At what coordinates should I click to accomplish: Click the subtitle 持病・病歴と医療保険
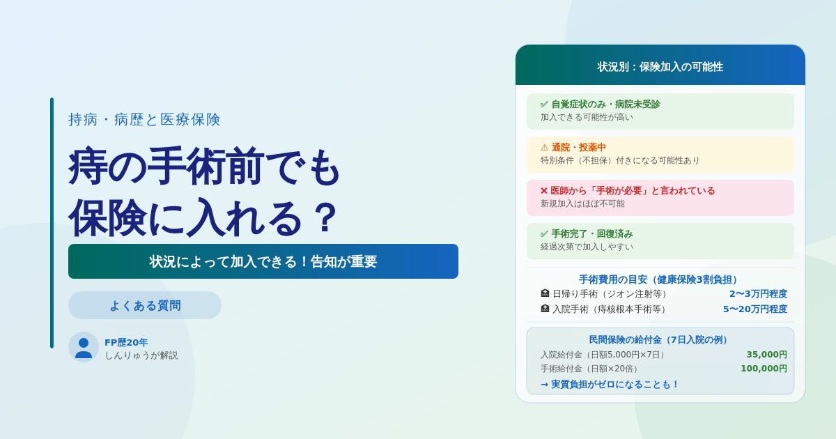pos(144,119)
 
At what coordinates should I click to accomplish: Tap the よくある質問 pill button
pos(145,305)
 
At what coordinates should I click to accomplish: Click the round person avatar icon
pos(84,347)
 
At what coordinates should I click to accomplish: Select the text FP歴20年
pos(126,342)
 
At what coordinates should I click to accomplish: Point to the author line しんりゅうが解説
pos(141,355)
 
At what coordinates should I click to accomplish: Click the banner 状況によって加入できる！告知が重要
pos(263,261)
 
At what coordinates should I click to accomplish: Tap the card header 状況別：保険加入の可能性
pos(660,67)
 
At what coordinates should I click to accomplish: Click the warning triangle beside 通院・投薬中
pos(545,148)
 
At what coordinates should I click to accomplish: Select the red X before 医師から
pos(544,191)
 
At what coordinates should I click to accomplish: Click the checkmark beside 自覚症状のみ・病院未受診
pos(544,104)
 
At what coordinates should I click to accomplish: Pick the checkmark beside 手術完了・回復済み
pos(544,234)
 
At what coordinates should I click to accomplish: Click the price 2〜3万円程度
pos(759,294)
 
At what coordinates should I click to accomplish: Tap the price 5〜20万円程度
pos(755,309)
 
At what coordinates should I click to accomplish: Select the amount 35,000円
pos(766,354)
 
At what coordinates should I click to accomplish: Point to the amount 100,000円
pos(764,369)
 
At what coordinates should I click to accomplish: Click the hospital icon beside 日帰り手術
pos(545,293)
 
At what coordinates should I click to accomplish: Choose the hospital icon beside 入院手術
pos(545,309)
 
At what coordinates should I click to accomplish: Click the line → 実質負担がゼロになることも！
pos(609,384)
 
